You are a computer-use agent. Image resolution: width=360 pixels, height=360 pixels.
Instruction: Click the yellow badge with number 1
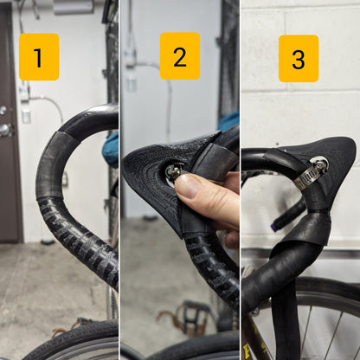click(39, 57)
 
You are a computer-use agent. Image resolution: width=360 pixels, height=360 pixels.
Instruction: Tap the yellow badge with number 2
click(180, 55)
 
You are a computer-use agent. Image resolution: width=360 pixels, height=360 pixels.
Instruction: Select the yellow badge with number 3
click(299, 59)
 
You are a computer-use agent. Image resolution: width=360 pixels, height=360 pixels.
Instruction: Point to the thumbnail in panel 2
click(189, 187)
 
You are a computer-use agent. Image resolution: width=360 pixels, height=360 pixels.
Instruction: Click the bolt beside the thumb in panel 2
click(174, 171)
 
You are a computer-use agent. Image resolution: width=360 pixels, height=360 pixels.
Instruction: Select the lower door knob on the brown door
click(5, 130)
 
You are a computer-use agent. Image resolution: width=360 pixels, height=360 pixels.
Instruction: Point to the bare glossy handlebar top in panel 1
click(93, 119)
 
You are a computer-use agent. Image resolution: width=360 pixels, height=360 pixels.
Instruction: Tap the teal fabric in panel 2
click(228, 121)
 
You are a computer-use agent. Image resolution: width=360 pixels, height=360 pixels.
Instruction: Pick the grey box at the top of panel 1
click(74, 6)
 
